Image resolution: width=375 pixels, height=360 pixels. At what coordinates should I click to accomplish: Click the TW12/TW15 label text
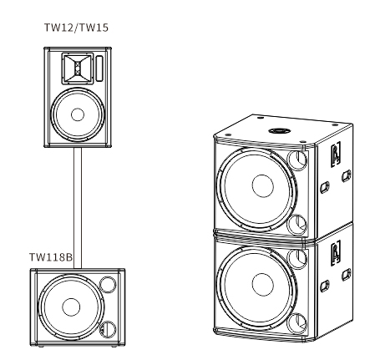[76, 27]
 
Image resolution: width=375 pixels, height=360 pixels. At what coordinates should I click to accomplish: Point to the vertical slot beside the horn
[99, 66]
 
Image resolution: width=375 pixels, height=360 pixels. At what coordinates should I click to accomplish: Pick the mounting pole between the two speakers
[78, 209]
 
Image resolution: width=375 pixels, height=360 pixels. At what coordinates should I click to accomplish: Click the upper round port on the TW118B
[106, 285]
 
